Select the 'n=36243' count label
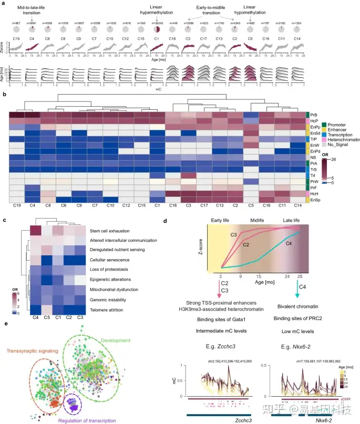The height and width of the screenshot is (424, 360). pos(156,24)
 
